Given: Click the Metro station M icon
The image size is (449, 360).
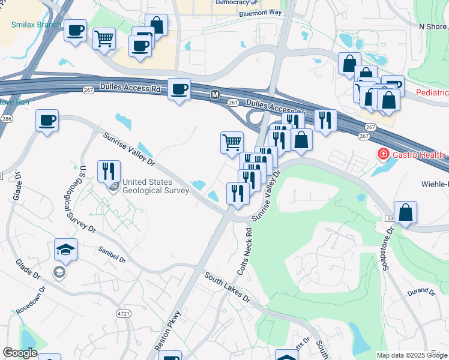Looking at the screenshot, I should point(214,95).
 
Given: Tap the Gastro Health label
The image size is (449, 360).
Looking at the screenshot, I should point(419,154).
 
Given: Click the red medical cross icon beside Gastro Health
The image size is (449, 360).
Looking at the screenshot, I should point(382,154).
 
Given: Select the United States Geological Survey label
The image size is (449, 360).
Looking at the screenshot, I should point(155,186).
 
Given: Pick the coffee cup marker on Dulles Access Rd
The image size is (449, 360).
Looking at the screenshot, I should point(179,89).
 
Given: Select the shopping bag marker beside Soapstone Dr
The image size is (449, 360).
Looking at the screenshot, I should point(405,212).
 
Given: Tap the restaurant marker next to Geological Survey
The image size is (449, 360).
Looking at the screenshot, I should point(109,171).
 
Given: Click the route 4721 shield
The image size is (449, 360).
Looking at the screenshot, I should point(124,313).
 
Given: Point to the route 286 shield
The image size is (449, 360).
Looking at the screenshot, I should point(6,119).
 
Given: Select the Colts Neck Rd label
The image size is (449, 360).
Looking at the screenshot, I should point(244,250).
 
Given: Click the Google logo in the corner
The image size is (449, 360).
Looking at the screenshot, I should point(20,353).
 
